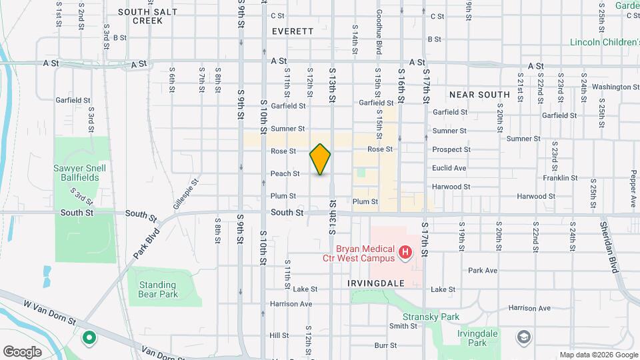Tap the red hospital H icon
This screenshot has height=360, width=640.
point(405,253)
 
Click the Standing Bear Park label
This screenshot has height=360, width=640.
point(158,289)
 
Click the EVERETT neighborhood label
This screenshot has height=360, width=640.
point(293,31)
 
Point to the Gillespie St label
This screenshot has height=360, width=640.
point(186,193)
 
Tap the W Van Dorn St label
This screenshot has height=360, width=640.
point(50,311)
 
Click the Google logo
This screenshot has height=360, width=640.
point(23,351)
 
